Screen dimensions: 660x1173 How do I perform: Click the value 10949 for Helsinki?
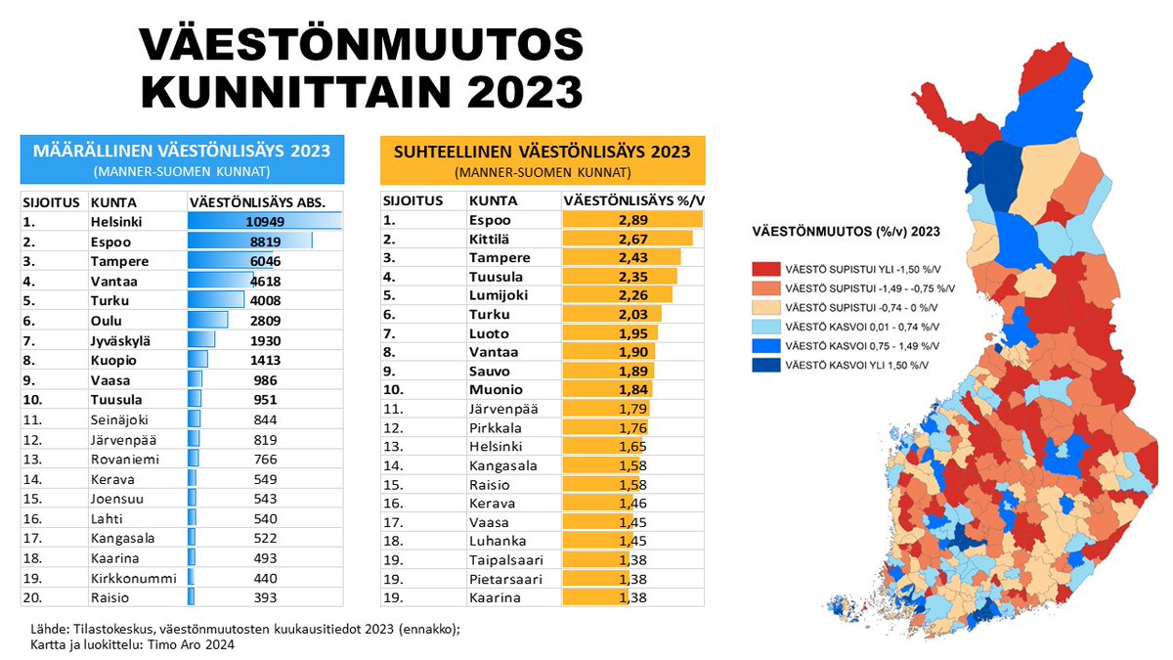pyautogui.click(x=264, y=221)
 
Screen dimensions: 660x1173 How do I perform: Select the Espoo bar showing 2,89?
pyautogui.click(x=633, y=220)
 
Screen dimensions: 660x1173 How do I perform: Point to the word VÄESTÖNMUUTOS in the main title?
pyautogui.click(x=361, y=46)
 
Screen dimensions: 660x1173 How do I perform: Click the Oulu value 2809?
pyautogui.click(x=264, y=320)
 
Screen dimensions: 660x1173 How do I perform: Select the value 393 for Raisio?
pyautogui.click(x=264, y=597)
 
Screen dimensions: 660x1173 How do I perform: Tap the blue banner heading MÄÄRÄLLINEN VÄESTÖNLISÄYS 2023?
pyautogui.click(x=182, y=151)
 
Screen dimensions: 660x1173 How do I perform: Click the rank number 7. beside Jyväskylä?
pyautogui.click(x=30, y=340)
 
